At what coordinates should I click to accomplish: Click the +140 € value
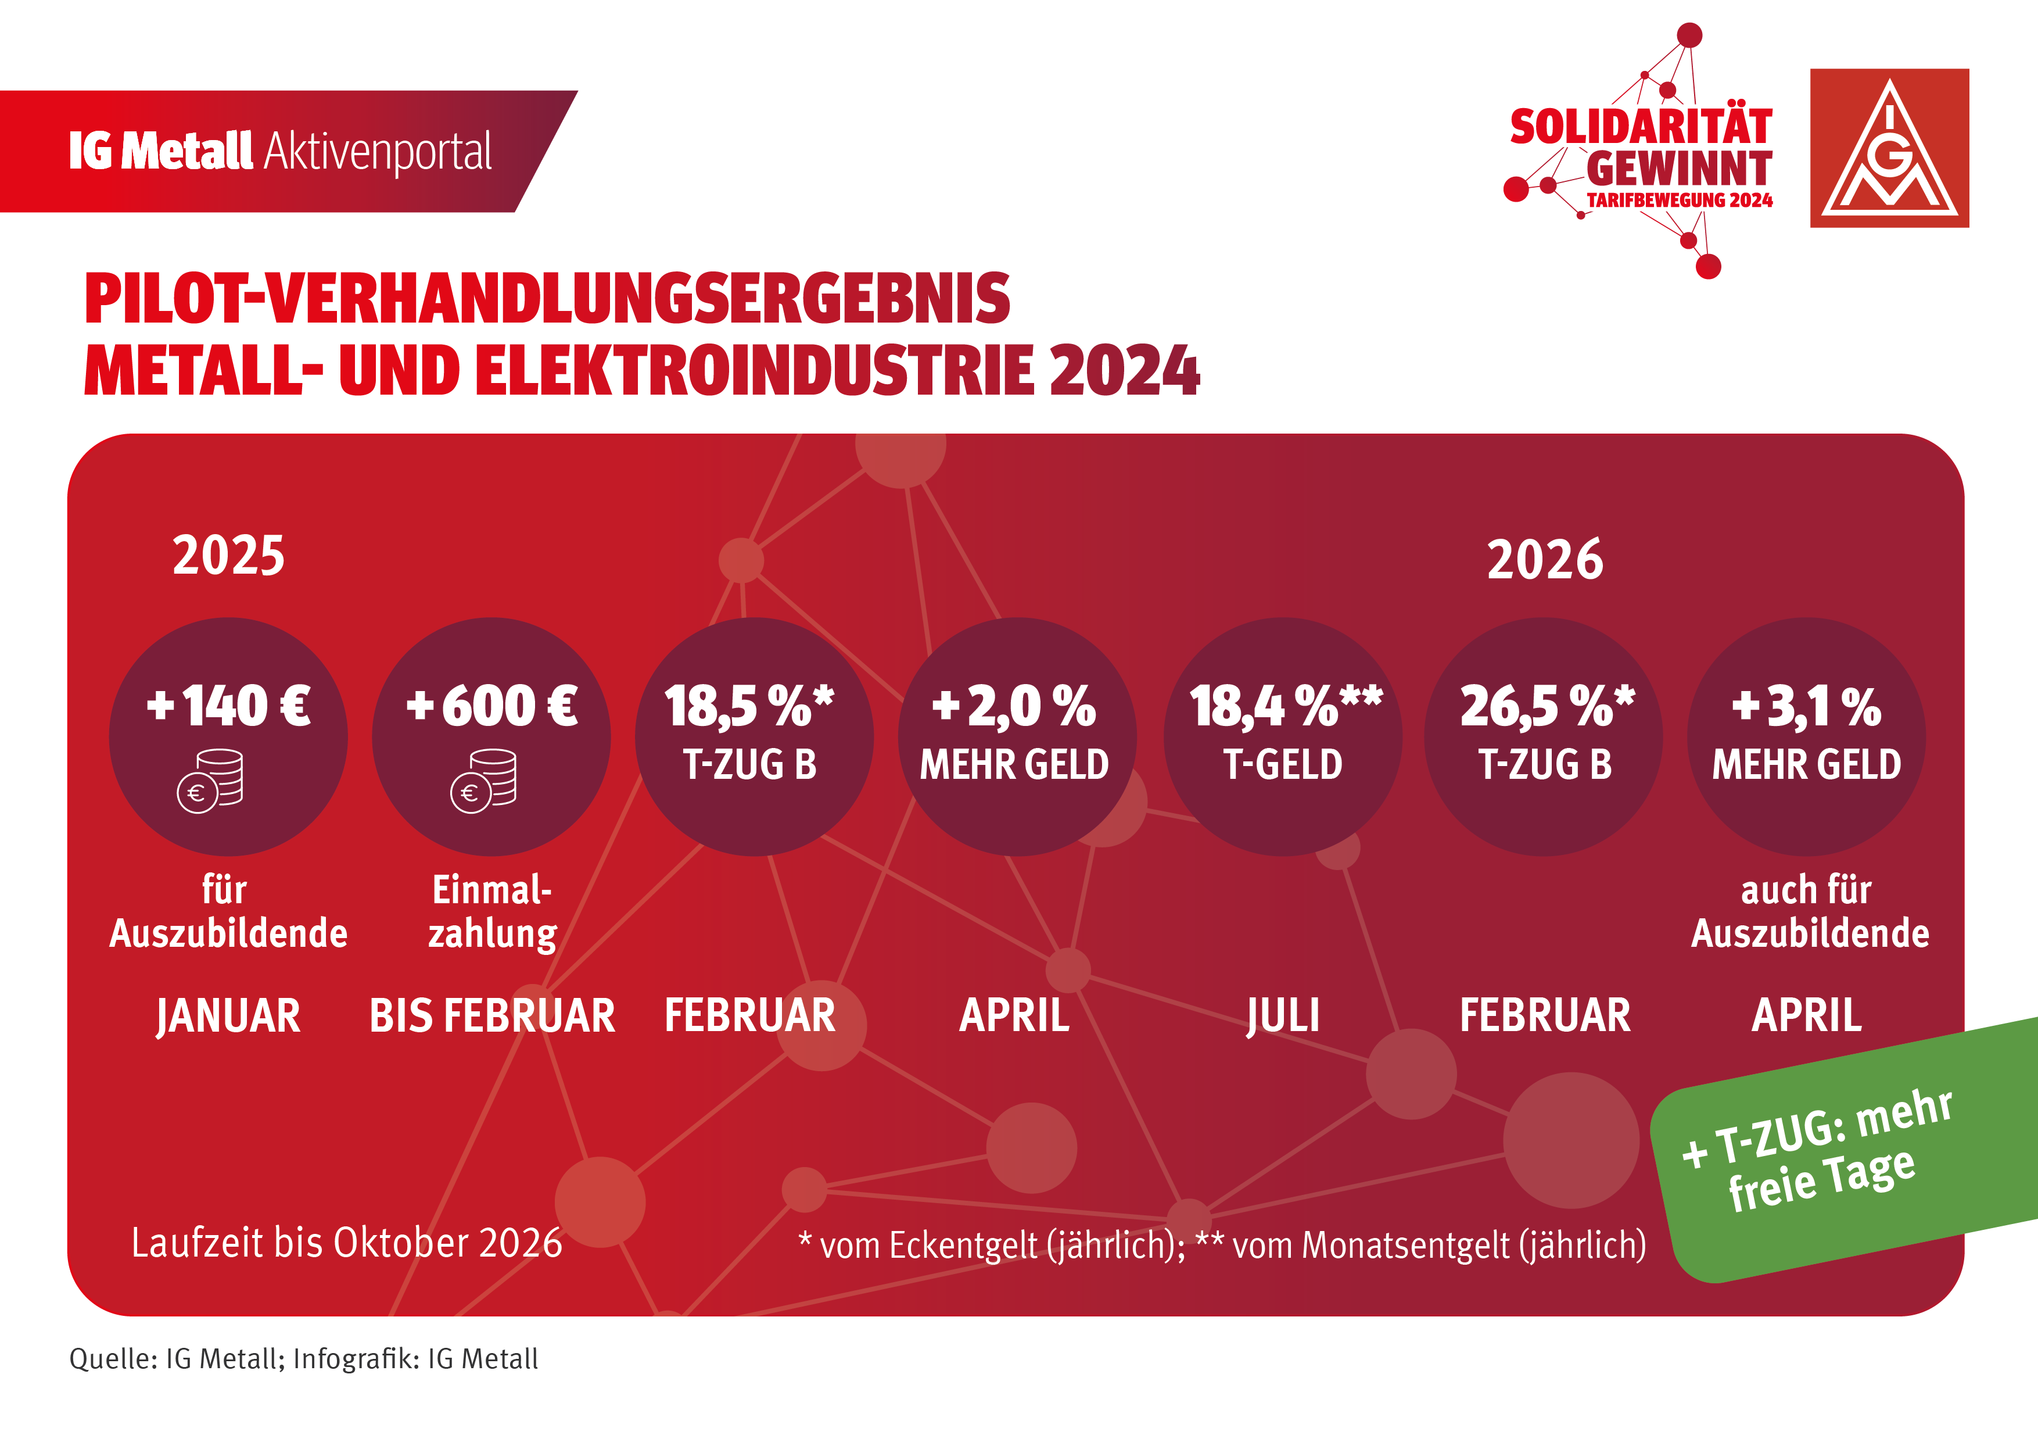click(228, 706)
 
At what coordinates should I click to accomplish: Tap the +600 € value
click(491, 706)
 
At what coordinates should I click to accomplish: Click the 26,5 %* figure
click(1547, 707)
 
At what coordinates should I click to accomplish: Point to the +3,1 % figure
click(1806, 707)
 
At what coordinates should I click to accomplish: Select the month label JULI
click(1283, 1016)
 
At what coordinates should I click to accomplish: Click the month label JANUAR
click(228, 1016)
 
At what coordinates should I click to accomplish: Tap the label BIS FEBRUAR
click(491, 1016)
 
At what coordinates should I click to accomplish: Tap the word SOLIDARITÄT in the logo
click(1641, 127)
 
